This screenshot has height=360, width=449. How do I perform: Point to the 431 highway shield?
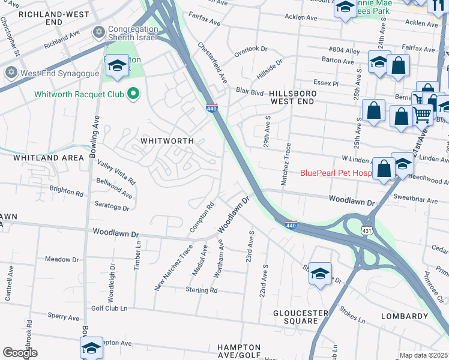pos(366,230)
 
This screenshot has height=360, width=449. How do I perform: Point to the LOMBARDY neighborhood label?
pos(405,316)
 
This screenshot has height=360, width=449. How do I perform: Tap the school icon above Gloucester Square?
pos(320,274)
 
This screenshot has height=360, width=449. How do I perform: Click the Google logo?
pos(20,353)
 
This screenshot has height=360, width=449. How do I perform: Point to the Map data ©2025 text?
pos(423,355)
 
